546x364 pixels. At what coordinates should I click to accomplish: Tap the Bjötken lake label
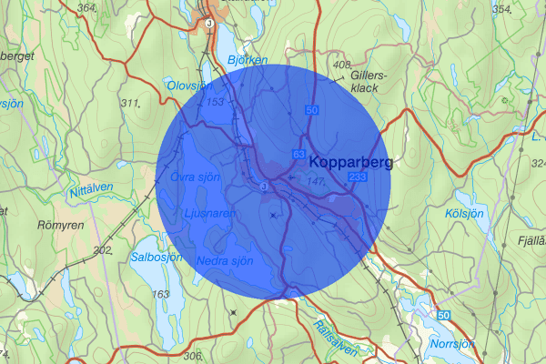[248, 60]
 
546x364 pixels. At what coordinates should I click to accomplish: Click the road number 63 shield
[298, 157]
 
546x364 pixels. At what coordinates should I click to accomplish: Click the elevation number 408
[342, 66]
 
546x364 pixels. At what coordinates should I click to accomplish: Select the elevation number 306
[192, 355]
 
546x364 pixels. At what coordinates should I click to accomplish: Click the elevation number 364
[87, 8]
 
